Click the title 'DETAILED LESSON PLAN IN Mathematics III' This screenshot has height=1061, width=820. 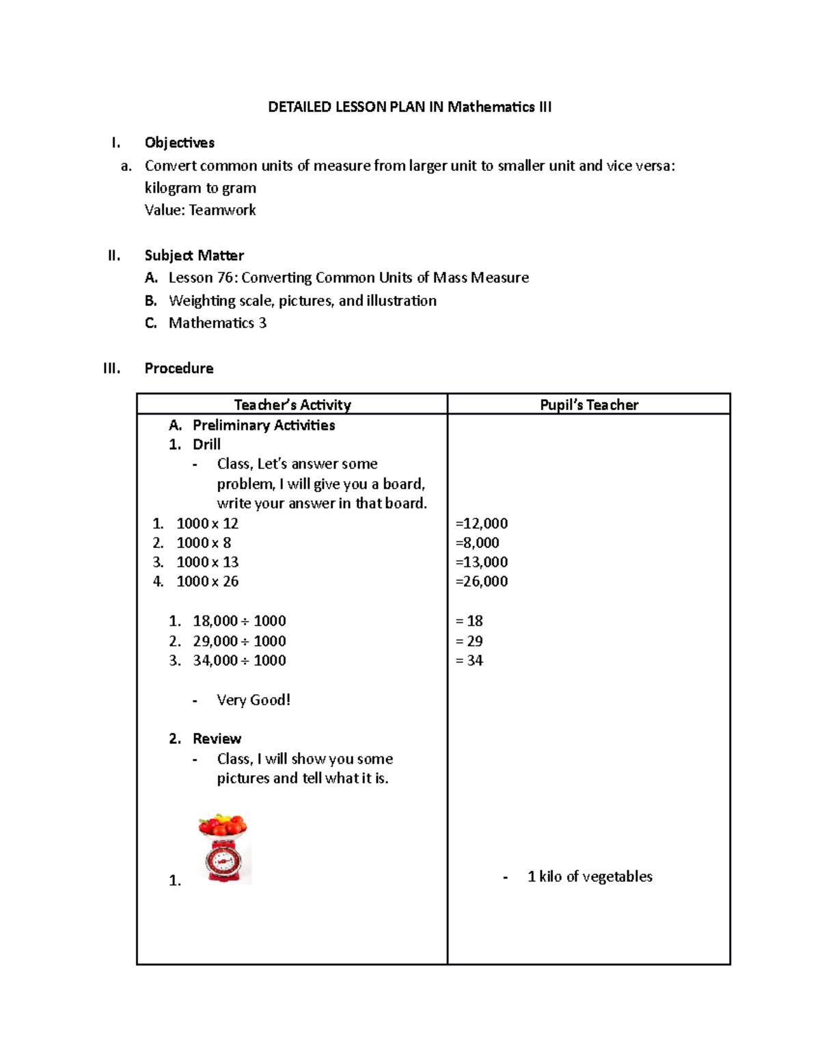click(409, 107)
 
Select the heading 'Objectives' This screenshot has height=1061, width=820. click(179, 143)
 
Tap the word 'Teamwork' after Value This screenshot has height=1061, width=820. click(222, 210)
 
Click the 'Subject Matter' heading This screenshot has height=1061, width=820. click(194, 256)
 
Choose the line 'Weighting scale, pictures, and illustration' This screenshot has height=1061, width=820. click(302, 301)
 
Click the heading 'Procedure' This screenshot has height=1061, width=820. click(178, 368)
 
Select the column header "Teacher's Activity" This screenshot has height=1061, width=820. click(292, 404)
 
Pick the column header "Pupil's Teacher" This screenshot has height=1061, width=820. click(588, 404)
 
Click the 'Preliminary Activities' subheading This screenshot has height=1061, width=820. click(263, 425)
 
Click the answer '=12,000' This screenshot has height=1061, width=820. click(481, 523)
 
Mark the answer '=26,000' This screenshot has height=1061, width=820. click(481, 581)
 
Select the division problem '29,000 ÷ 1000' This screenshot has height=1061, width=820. click(238, 641)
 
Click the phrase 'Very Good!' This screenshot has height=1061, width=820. click(253, 700)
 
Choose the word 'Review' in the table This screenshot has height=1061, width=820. click(217, 739)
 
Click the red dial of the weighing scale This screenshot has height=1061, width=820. click(223, 860)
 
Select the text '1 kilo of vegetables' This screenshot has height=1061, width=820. click(589, 877)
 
